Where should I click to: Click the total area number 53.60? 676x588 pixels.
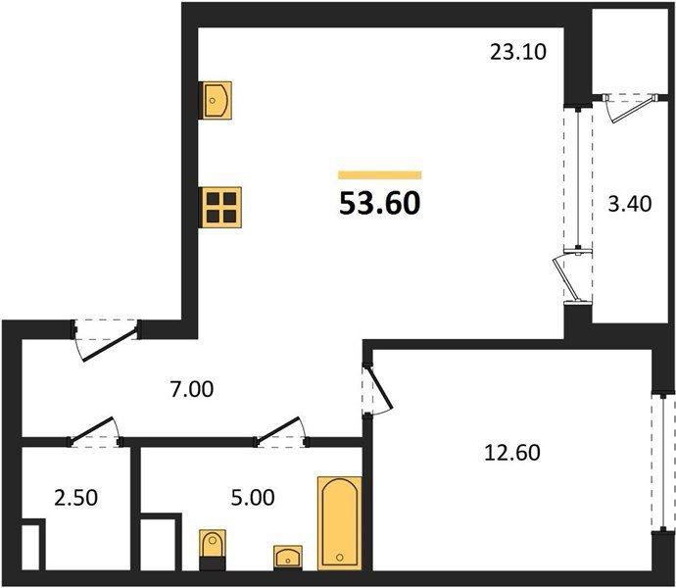pyautogui.click(x=379, y=203)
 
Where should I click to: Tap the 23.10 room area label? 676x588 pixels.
pyautogui.click(x=518, y=52)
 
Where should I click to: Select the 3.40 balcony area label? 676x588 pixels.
pyautogui.click(x=629, y=204)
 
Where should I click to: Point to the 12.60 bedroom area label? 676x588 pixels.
pyautogui.click(x=512, y=453)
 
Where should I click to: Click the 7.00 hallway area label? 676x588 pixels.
pyautogui.click(x=192, y=390)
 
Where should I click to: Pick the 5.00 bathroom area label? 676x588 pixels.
pyautogui.click(x=253, y=498)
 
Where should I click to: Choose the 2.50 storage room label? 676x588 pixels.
pyautogui.click(x=75, y=498)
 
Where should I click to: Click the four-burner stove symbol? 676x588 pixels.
pyautogui.click(x=219, y=208)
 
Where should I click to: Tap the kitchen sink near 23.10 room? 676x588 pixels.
pyautogui.click(x=216, y=101)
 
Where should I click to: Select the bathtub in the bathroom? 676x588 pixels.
pyautogui.click(x=340, y=523)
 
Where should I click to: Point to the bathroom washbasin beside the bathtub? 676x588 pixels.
pyautogui.click(x=288, y=558)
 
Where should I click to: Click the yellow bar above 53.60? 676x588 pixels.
pyautogui.click(x=380, y=174)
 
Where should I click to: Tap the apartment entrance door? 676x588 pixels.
pyautogui.click(x=107, y=340)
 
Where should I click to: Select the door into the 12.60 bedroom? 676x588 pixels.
pyautogui.click(x=377, y=390)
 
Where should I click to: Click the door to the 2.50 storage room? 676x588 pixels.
pyautogui.click(x=94, y=432)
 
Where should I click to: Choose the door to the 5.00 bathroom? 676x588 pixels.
pyautogui.click(x=281, y=432)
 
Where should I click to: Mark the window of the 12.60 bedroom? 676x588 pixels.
pyautogui.click(x=662, y=462)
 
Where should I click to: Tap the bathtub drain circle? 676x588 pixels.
pyautogui.click(x=340, y=558)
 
